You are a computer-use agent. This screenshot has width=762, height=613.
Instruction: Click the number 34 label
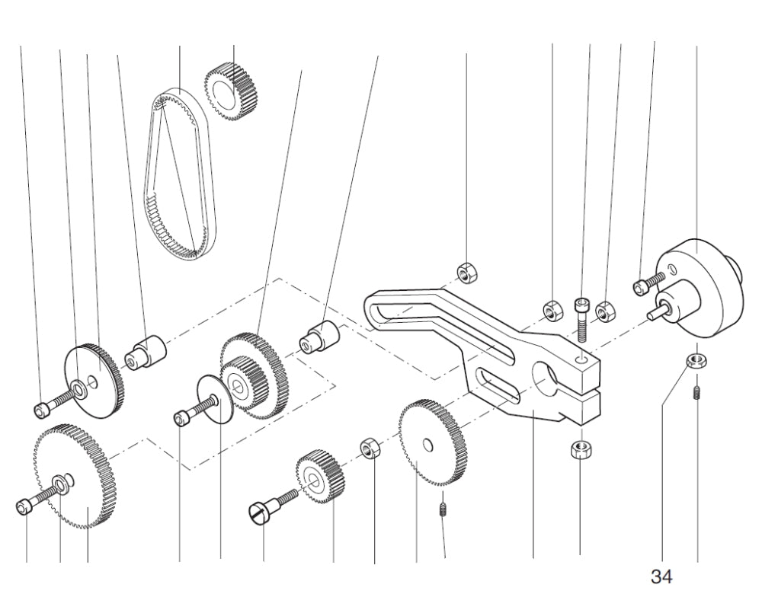pos(661,577)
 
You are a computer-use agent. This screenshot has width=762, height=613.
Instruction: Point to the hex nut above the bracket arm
pos(466,270)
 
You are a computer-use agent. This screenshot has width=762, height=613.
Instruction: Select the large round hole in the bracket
pos(547,378)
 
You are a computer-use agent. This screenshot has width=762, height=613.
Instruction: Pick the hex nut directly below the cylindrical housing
pos(694,360)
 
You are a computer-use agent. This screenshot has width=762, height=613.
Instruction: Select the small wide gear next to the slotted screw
pos(320,477)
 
